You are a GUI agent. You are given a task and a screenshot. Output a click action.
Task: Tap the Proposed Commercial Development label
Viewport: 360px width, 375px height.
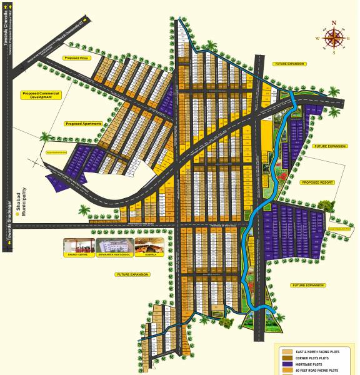45,95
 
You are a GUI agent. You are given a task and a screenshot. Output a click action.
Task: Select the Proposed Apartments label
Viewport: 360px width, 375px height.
83,124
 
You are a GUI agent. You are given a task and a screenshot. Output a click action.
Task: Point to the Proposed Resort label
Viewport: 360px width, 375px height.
317,182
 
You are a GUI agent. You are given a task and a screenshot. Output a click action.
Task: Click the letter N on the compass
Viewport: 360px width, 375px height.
334,23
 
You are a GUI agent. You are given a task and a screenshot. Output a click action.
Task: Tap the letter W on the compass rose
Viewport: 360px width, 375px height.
317,39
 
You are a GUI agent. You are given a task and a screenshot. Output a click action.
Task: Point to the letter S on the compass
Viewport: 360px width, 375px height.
334,53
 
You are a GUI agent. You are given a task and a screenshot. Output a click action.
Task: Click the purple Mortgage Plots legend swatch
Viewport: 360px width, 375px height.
287,363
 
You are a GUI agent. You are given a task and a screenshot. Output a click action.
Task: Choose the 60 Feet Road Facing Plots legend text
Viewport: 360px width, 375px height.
320,371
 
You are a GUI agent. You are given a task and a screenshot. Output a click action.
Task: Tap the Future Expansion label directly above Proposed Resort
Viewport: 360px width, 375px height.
329,146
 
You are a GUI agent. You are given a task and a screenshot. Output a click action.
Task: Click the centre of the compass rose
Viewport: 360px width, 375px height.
334,38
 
